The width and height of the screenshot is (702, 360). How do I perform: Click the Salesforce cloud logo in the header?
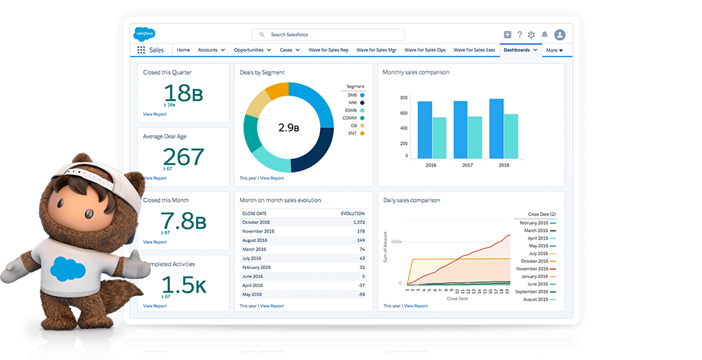(x=145, y=34)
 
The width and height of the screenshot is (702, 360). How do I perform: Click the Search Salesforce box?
(x=328, y=34)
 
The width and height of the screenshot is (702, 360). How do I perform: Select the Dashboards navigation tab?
(x=517, y=50)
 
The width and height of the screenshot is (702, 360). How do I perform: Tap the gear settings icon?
(x=531, y=34)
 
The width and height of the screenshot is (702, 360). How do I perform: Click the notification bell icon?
(x=544, y=34)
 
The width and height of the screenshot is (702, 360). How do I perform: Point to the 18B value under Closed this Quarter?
(x=183, y=92)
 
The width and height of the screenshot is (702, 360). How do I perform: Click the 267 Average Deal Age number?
(x=183, y=157)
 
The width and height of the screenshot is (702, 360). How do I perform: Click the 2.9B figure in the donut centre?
(x=288, y=127)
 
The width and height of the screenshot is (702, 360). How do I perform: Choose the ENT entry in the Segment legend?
(x=352, y=133)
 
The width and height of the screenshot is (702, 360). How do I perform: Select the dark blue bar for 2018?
(x=496, y=129)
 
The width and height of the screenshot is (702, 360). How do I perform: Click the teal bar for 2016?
(x=439, y=138)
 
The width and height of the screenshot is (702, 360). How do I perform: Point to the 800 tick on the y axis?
(x=405, y=98)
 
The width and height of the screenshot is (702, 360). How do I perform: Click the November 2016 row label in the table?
(x=259, y=231)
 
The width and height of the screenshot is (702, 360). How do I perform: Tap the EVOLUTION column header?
(x=353, y=213)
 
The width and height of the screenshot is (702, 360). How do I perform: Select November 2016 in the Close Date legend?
(x=534, y=268)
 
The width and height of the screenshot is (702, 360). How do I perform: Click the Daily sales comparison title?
(x=412, y=200)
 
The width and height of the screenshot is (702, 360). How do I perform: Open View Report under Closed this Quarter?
(x=155, y=114)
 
